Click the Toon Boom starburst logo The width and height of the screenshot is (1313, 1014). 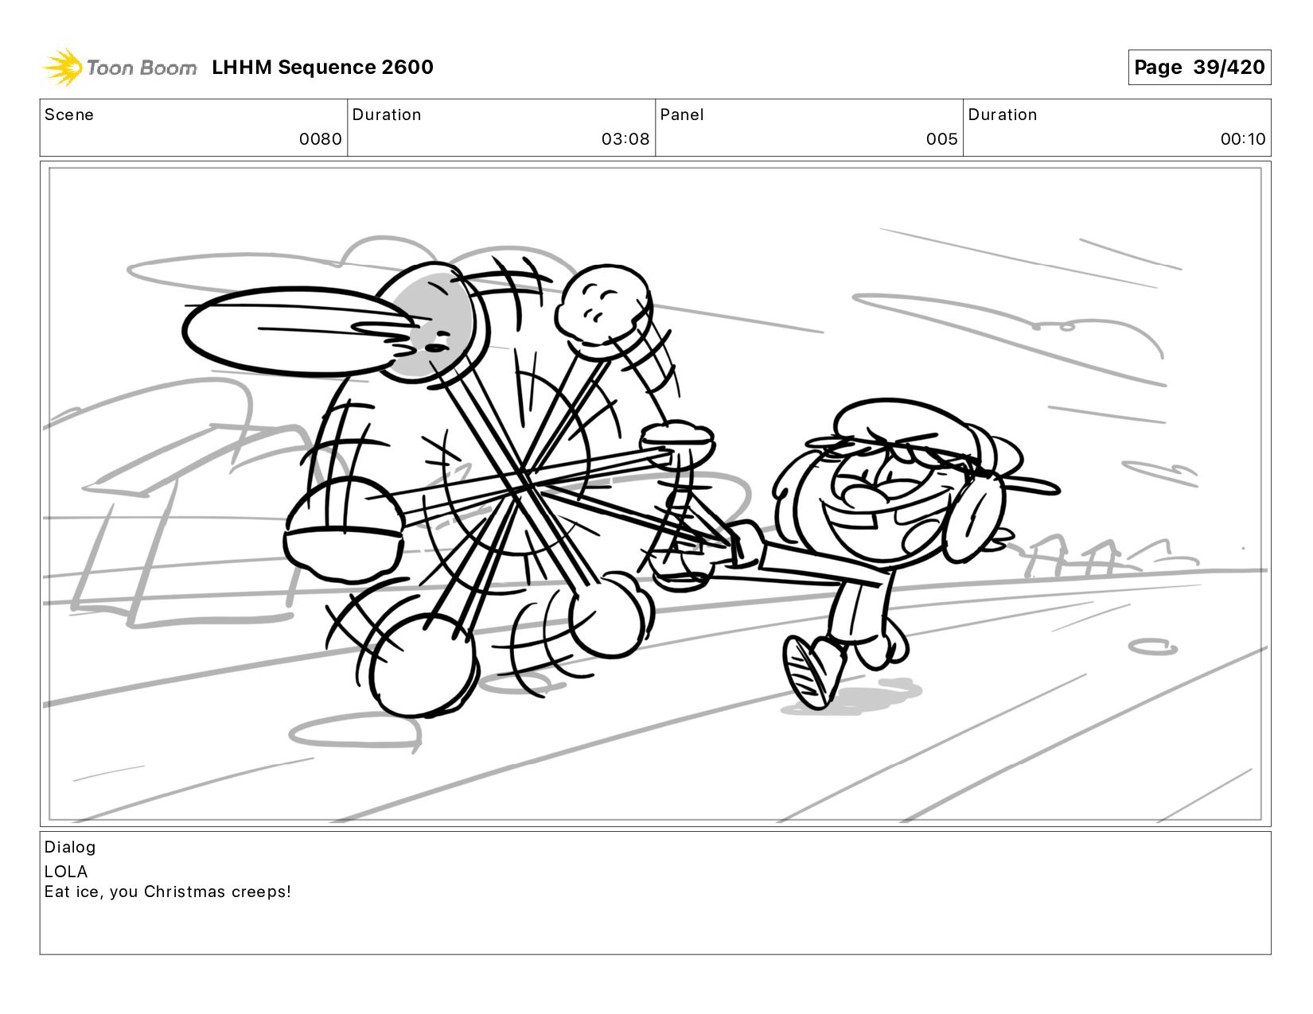(x=63, y=67)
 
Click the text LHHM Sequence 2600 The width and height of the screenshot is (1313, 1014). (x=322, y=67)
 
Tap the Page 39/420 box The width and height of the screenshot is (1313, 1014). (x=1199, y=67)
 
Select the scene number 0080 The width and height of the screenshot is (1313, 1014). (x=320, y=139)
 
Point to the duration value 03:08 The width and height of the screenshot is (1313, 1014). (x=625, y=139)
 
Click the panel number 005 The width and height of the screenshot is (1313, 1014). (x=942, y=139)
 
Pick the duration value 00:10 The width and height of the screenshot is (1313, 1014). (x=1243, y=139)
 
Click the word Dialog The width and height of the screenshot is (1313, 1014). (x=70, y=847)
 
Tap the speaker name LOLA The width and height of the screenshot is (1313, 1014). (x=66, y=872)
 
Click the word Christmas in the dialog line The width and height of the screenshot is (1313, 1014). (x=185, y=892)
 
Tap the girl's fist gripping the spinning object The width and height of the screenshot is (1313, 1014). (x=743, y=543)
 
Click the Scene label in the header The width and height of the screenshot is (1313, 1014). (x=69, y=115)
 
